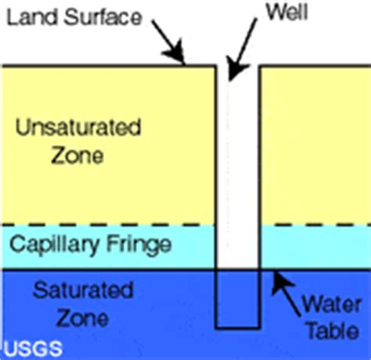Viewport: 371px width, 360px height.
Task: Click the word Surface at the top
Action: click(x=103, y=17)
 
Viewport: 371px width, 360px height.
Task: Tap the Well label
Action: click(x=286, y=12)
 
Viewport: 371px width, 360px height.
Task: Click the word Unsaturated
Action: click(x=78, y=128)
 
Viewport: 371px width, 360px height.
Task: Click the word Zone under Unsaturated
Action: click(x=77, y=155)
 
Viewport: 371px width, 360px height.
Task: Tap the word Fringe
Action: click(x=139, y=245)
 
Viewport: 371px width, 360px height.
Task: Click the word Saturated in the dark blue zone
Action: click(x=83, y=290)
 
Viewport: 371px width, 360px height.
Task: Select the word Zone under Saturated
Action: click(x=82, y=319)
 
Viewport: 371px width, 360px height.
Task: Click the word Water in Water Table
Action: click(x=331, y=304)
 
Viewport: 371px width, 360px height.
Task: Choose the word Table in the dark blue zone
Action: click(x=333, y=330)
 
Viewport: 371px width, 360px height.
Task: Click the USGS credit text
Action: click(x=34, y=348)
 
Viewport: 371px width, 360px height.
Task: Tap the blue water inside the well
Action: click(x=237, y=298)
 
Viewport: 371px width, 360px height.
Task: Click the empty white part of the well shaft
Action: click(x=237, y=167)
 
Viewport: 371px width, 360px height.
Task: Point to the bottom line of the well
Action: click(x=237, y=328)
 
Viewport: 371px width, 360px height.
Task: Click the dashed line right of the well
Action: click(x=315, y=225)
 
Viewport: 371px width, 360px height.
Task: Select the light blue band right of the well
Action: click(x=315, y=247)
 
